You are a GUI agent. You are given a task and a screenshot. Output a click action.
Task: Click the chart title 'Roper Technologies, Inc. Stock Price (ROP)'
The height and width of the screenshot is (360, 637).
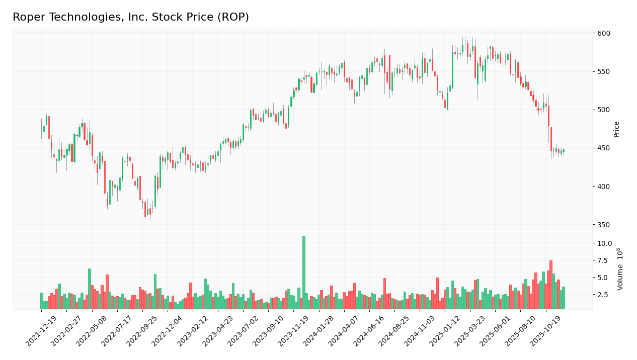[x=131, y=17]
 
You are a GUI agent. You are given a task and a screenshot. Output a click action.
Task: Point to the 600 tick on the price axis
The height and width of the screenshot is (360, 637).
[x=603, y=33]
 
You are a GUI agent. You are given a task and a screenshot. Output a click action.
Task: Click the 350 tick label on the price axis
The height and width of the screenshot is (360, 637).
[x=603, y=225]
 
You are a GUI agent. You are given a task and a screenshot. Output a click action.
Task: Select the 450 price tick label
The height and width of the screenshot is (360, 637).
[x=603, y=148]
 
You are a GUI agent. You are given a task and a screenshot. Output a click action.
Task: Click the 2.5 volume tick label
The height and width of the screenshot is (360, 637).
[x=606, y=295]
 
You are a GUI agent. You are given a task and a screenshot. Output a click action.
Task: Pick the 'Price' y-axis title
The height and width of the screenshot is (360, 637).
[x=616, y=129]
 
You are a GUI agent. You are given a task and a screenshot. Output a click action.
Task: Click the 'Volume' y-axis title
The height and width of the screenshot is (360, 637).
[x=620, y=269]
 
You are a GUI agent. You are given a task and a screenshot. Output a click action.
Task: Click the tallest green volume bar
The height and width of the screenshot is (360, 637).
[x=304, y=273]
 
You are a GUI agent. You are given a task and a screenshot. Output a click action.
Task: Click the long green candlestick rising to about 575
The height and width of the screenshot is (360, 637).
[x=452, y=70]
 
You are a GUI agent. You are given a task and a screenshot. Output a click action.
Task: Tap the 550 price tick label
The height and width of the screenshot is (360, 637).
[x=603, y=71]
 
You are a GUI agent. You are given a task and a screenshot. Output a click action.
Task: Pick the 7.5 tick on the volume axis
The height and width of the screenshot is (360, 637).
[x=606, y=260]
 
